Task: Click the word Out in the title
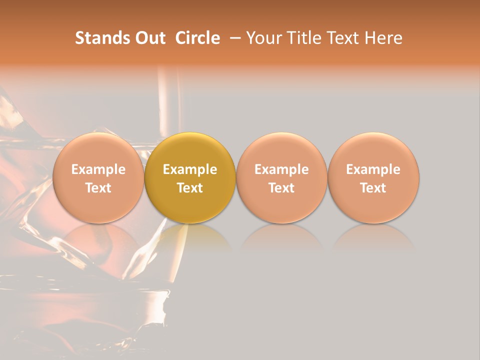[149, 38]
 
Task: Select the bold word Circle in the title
[197, 38]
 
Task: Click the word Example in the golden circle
[190, 169]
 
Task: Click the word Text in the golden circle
[190, 188]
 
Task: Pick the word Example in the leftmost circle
[98, 169]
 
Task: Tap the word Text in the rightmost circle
[373, 188]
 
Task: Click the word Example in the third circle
[281, 169]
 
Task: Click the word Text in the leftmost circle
[98, 188]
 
